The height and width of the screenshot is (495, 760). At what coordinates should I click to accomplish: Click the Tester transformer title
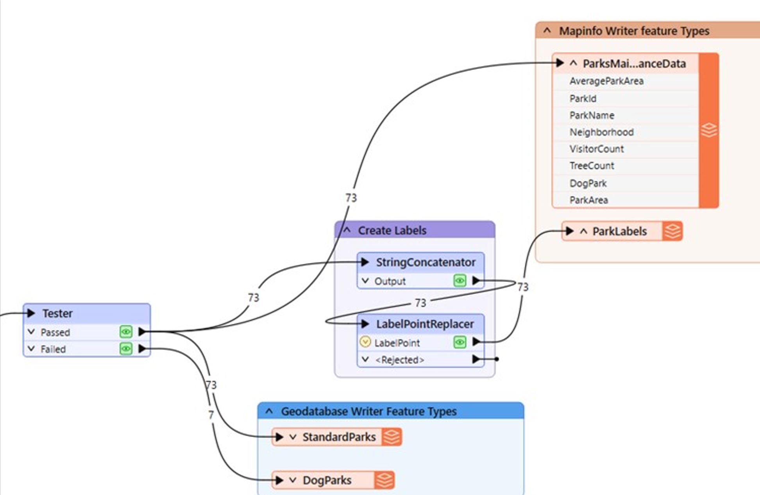coord(57,313)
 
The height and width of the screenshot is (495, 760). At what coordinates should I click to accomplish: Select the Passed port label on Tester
coord(55,332)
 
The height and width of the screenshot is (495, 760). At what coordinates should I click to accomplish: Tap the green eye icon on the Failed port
coord(126,348)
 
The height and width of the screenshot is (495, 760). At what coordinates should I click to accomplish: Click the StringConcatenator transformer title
coord(426,262)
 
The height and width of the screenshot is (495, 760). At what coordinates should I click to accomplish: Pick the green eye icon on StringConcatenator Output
coord(460,280)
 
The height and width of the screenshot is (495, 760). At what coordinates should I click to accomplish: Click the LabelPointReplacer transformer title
coord(425,324)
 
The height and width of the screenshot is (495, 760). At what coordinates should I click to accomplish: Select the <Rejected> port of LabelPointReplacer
coord(399,360)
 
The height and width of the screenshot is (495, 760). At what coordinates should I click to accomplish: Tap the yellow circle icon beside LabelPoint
coord(365,342)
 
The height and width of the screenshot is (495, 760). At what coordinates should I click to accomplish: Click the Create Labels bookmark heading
coord(392,230)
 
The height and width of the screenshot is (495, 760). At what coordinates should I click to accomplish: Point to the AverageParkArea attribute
coord(606,81)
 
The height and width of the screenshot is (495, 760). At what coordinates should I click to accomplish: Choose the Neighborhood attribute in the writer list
coord(601,132)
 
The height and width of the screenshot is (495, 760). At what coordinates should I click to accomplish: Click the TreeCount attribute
coord(592,166)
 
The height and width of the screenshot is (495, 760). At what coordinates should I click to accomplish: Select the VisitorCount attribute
coord(596,149)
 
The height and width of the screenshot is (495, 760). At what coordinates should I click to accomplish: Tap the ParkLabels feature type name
coord(619,231)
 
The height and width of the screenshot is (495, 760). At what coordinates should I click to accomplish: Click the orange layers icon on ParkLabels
coord(672,231)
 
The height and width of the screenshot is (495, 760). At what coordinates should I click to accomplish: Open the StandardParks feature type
coord(339,437)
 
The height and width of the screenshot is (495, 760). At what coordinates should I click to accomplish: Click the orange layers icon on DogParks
coord(384,480)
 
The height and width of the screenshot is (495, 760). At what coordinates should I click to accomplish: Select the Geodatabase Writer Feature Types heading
coord(368,411)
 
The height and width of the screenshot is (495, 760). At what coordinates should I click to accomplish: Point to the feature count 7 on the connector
coord(211,414)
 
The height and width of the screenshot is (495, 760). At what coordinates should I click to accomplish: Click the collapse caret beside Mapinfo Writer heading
coord(547,30)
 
